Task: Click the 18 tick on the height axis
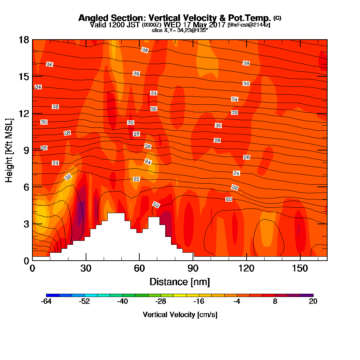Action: click(24, 40)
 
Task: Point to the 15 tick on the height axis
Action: click(24, 76)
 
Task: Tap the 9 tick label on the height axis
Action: click(27, 150)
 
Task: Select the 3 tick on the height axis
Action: click(27, 224)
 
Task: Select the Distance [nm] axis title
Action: click(180, 281)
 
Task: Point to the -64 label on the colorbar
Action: click(46, 302)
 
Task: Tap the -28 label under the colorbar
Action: click(161, 302)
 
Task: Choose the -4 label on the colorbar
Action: click(237, 302)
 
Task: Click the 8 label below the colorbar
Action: click(275, 302)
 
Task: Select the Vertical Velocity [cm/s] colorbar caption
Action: click(180, 315)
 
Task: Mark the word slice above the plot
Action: click(157, 31)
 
